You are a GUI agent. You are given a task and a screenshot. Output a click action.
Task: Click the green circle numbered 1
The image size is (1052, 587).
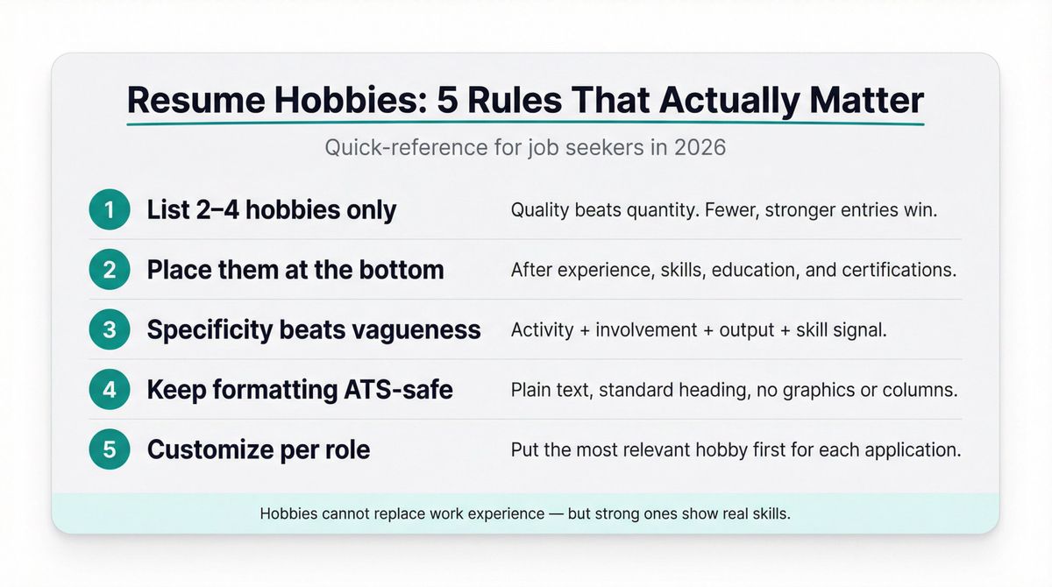click(x=110, y=210)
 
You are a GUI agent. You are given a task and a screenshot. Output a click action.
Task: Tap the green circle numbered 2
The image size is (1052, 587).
click(x=110, y=270)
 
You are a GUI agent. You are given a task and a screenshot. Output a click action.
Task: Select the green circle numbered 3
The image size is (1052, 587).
click(x=110, y=329)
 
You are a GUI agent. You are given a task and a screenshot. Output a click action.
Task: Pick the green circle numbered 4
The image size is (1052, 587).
click(x=110, y=389)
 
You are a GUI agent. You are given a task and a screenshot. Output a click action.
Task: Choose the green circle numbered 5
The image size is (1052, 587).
click(x=110, y=449)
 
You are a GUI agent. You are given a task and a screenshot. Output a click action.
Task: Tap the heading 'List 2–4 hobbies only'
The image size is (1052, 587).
click(x=272, y=210)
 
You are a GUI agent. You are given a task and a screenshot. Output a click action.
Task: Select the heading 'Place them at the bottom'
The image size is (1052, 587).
click(x=295, y=270)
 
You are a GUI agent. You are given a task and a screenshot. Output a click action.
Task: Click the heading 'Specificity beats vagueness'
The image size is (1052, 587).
click(x=314, y=329)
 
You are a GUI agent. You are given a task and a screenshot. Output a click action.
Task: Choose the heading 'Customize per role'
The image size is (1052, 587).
click(x=259, y=449)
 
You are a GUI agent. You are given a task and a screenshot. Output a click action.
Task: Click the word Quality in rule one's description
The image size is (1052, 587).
click(x=540, y=210)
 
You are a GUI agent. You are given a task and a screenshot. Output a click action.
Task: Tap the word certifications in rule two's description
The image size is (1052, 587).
click(x=898, y=270)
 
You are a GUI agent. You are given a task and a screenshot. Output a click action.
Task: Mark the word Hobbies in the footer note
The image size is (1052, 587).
click(x=289, y=514)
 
